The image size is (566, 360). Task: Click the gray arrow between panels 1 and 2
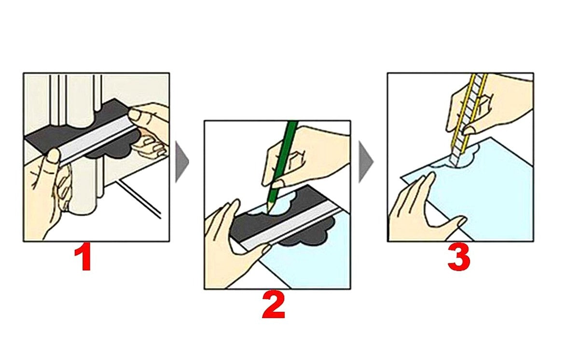pos(182,162)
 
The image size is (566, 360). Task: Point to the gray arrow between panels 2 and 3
pos(366,162)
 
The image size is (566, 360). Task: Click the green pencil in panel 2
pos(283,166)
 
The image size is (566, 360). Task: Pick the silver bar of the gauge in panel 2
pos(290,226)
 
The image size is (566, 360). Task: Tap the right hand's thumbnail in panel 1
pos(135,115)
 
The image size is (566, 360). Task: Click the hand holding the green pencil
pos(305,155)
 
